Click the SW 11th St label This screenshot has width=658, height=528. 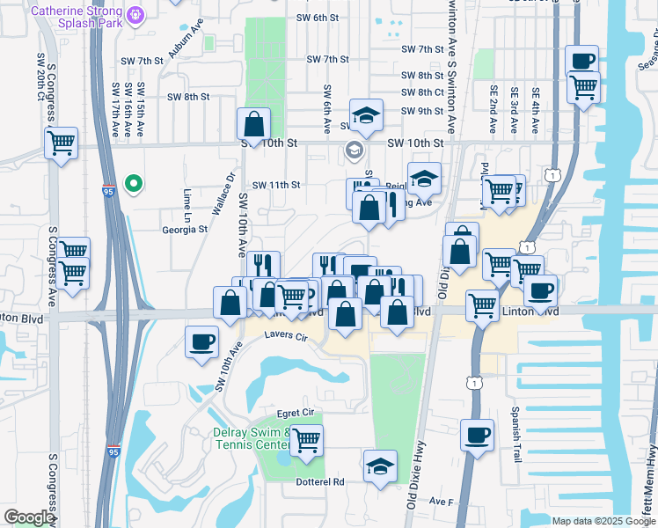[x=277, y=186]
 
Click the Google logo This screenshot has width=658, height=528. [x=29, y=517]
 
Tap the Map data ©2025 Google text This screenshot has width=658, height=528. [x=603, y=521]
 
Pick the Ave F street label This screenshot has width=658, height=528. [x=440, y=501]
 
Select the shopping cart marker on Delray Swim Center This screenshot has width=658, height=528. [x=306, y=438]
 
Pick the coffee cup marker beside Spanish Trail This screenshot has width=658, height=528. [x=477, y=435]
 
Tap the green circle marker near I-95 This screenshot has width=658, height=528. [x=133, y=184]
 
